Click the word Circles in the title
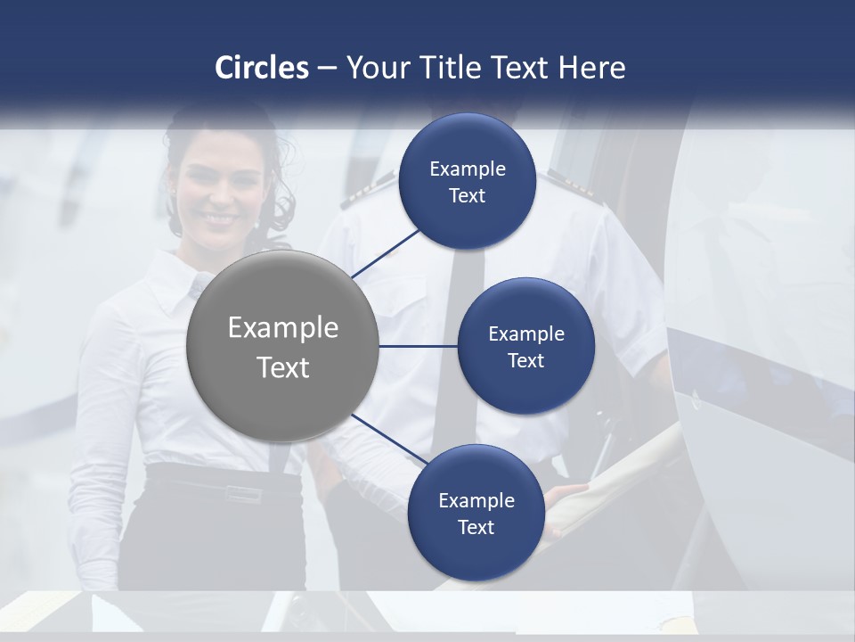(261, 68)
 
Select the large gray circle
(282, 347)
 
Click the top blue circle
(468, 182)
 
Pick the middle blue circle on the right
(525, 346)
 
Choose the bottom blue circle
(476, 513)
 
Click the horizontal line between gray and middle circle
(418, 346)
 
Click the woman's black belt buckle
(240, 491)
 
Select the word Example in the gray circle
(283, 327)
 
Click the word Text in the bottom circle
(476, 527)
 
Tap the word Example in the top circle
(468, 169)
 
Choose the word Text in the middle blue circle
(525, 360)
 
